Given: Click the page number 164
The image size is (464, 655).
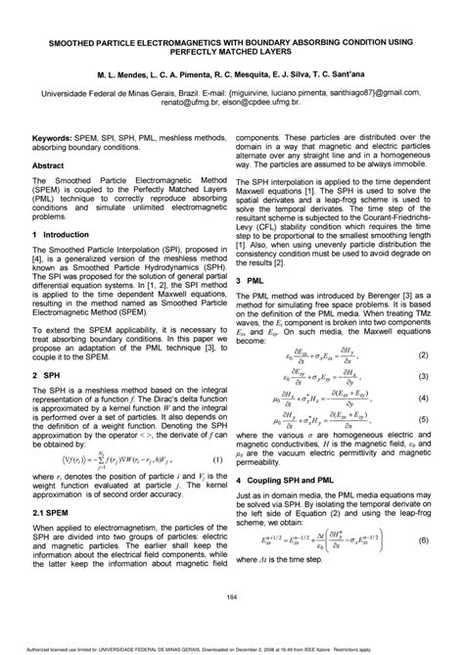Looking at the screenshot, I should click(x=232, y=598).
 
